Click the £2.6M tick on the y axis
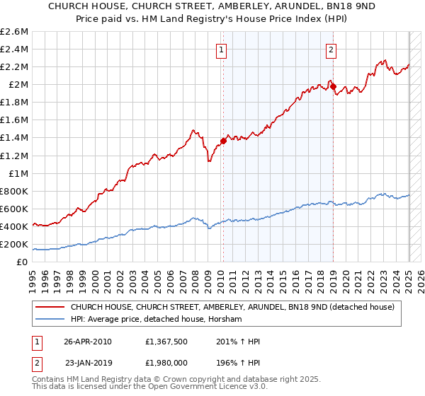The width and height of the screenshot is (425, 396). point(15,32)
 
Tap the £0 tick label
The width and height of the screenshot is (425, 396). point(23,262)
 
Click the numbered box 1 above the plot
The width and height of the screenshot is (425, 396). point(222,49)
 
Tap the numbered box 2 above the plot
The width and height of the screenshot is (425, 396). point(331,49)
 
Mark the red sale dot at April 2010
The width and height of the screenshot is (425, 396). point(223,141)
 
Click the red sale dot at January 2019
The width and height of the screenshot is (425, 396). point(334,86)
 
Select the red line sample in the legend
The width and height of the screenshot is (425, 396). point(50,308)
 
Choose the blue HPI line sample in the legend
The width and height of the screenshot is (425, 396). point(50,320)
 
